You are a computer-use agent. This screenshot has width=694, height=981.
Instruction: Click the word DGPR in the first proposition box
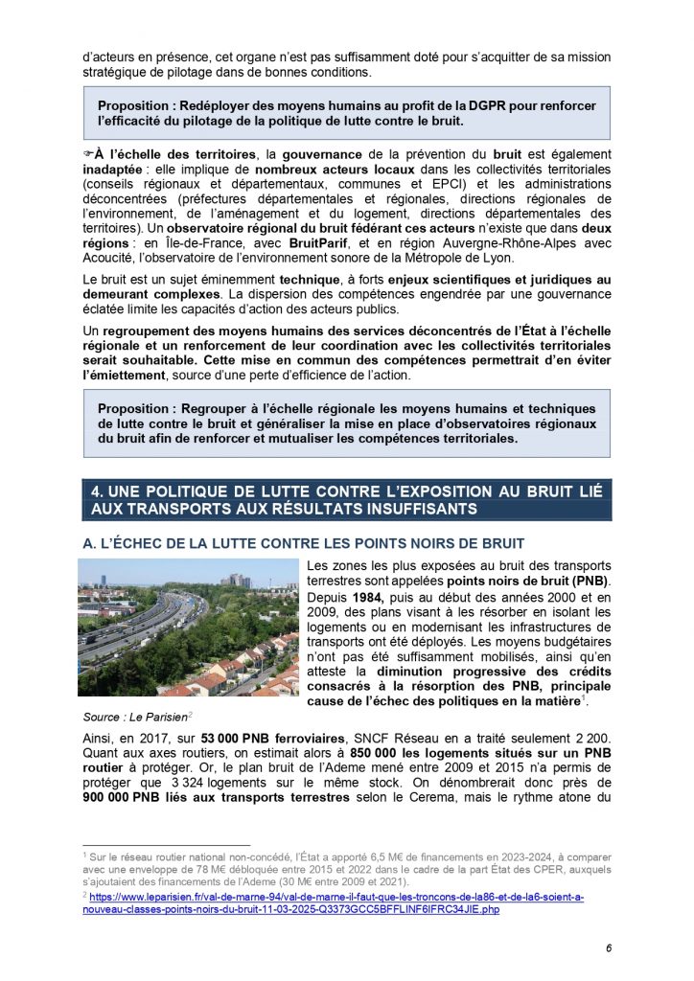point(452,103)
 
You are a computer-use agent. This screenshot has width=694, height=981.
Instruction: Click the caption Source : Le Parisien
point(127,717)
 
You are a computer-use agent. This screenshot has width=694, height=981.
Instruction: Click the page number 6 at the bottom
point(608,948)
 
